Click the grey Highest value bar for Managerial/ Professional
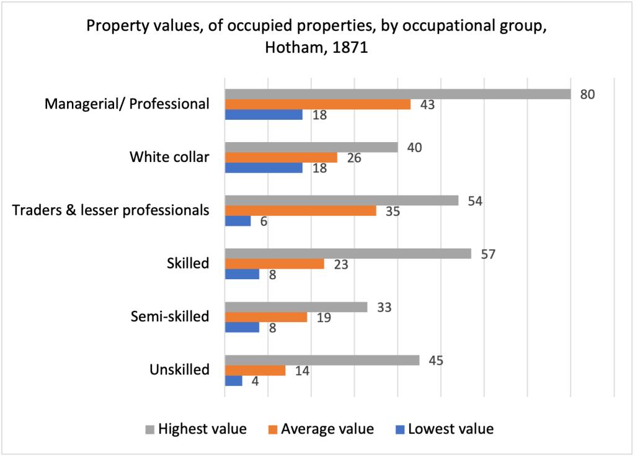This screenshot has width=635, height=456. click(x=397, y=94)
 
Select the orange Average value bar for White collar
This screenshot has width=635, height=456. click(x=280, y=158)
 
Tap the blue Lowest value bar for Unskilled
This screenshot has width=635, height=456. click(x=233, y=381)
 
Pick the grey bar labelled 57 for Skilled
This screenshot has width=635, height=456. click(x=347, y=254)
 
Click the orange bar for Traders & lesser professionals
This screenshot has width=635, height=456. click(x=300, y=211)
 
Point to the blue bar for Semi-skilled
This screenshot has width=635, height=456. click(x=242, y=328)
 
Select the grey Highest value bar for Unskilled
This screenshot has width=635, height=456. click(x=321, y=360)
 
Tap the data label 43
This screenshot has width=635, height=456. click(x=427, y=105)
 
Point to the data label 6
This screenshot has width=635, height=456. click(x=264, y=221)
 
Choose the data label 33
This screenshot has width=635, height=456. click(x=384, y=307)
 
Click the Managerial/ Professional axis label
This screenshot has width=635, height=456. click(x=127, y=104)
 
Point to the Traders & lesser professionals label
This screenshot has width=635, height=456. click(x=110, y=210)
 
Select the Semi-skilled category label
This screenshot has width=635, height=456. click(x=170, y=316)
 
